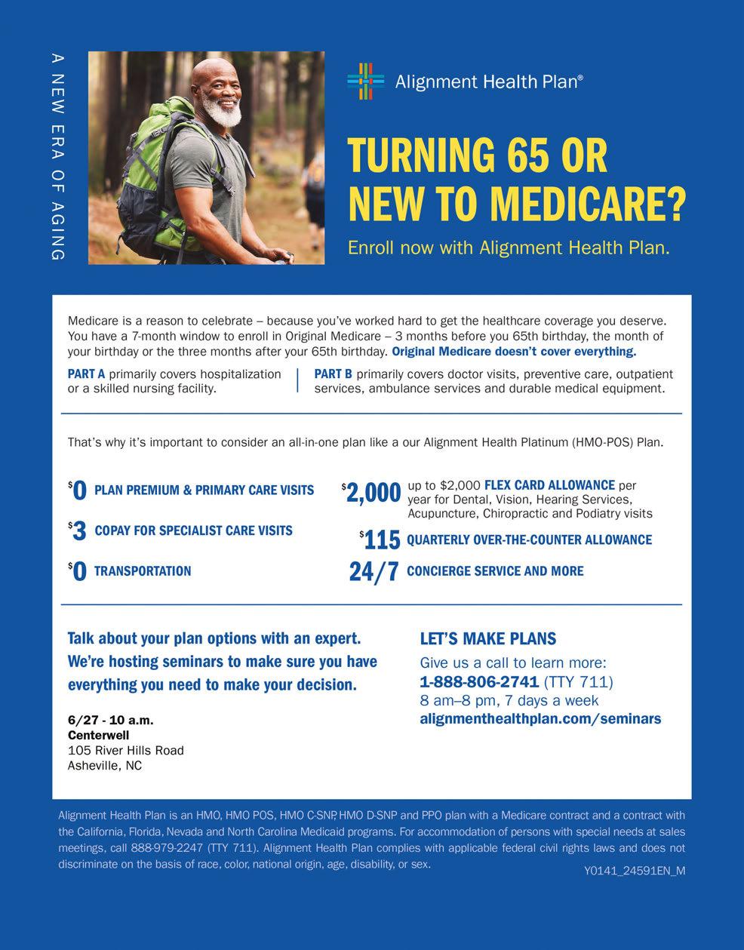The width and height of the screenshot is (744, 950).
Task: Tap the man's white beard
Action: click(221, 113)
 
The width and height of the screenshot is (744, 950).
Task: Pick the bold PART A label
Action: click(86, 374)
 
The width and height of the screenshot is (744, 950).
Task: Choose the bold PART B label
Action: click(333, 374)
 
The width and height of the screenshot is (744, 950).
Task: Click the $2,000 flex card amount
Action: click(372, 493)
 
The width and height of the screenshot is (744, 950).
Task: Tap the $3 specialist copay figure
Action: click(78, 531)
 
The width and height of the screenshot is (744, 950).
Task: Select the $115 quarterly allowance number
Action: click(381, 540)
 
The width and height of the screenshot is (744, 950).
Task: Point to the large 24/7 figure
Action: click(374, 572)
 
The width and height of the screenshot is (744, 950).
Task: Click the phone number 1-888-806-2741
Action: click(478, 682)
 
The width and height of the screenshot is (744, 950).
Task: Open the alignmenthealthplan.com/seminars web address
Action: click(540, 718)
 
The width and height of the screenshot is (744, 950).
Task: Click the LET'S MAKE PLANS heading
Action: click(487, 639)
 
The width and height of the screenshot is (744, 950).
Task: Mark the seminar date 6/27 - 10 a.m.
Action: click(110, 720)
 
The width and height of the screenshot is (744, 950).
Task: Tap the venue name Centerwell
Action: click(98, 735)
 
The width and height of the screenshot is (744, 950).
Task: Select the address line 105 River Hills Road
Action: click(125, 750)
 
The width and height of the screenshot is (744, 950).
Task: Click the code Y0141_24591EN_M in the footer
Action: click(634, 871)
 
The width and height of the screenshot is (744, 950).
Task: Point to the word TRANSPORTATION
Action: click(143, 571)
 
